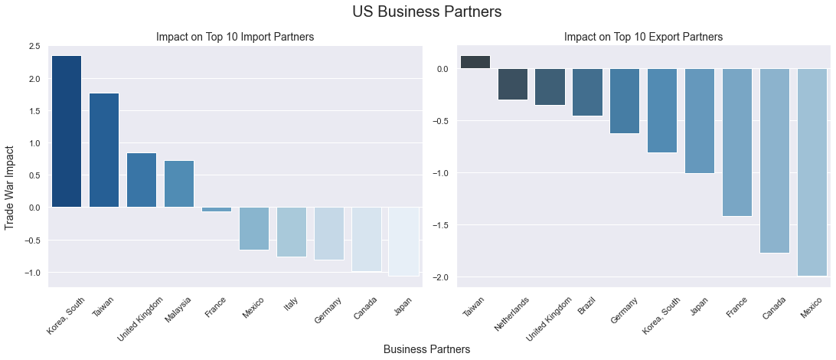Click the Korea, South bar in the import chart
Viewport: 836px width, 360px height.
[67, 131]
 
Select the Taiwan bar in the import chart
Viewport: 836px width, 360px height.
[104, 150]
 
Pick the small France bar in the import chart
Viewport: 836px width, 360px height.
[217, 209]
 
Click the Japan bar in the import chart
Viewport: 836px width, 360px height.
[403, 241]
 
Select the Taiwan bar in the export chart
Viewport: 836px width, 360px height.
[475, 62]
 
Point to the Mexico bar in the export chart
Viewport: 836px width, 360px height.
[812, 172]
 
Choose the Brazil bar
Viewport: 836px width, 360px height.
[588, 93]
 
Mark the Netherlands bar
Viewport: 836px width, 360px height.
[513, 84]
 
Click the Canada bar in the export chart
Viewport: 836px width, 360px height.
[775, 161]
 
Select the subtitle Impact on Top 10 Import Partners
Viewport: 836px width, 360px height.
[235, 37]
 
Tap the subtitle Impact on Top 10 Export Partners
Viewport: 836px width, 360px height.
[643, 37]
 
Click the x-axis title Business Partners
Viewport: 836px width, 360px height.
[426, 349]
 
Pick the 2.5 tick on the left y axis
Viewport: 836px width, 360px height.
[34, 47]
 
